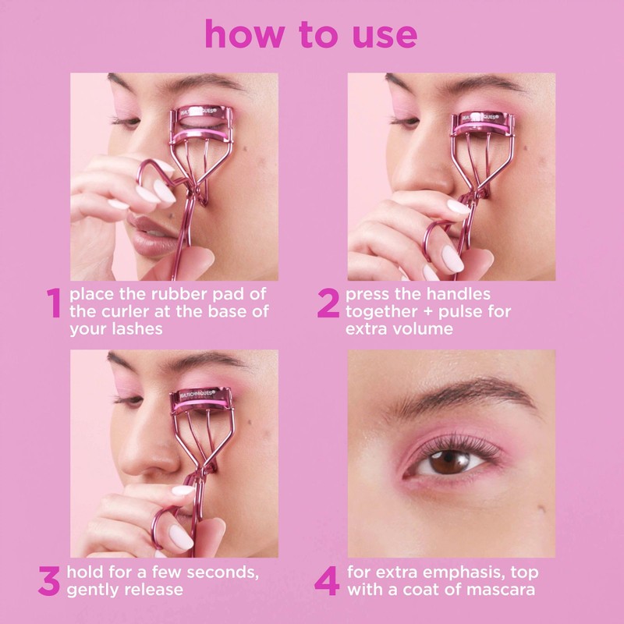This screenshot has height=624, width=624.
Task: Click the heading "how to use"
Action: pos(310,34)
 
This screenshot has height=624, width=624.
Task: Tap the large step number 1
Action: pos(53,304)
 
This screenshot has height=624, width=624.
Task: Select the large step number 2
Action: pos(328,304)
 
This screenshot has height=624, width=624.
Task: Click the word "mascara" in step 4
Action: pos(497,590)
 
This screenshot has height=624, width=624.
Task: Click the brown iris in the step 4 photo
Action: pos(445,462)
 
